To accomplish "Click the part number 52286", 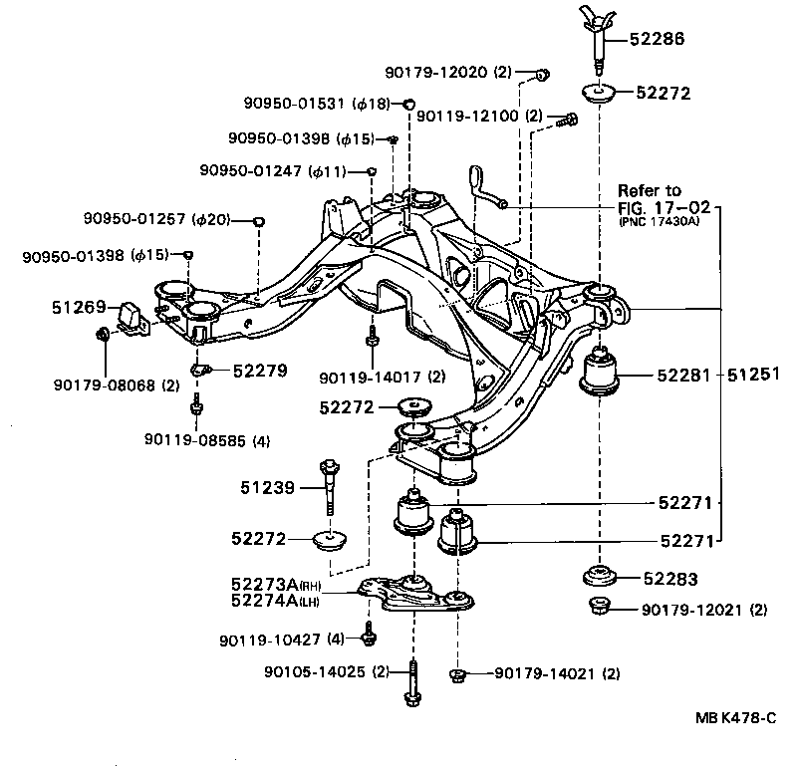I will click(x=660, y=40).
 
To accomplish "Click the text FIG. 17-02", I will click(x=664, y=207).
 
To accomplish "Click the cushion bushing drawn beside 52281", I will click(x=601, y=373).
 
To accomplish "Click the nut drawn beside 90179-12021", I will click(x=600, y=606).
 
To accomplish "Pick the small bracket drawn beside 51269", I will click(x=132, y=314).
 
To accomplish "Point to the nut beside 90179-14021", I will click(x=457, y=674).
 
